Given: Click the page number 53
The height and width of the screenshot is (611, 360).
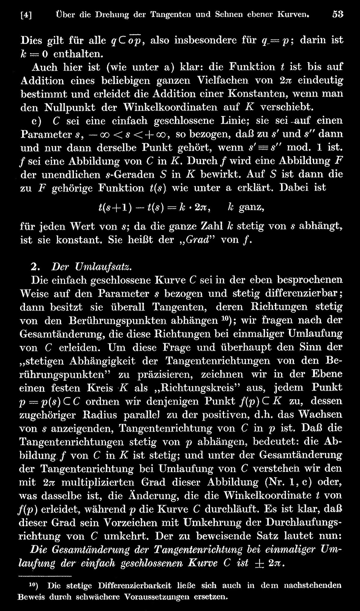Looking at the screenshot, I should coord(337,14).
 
